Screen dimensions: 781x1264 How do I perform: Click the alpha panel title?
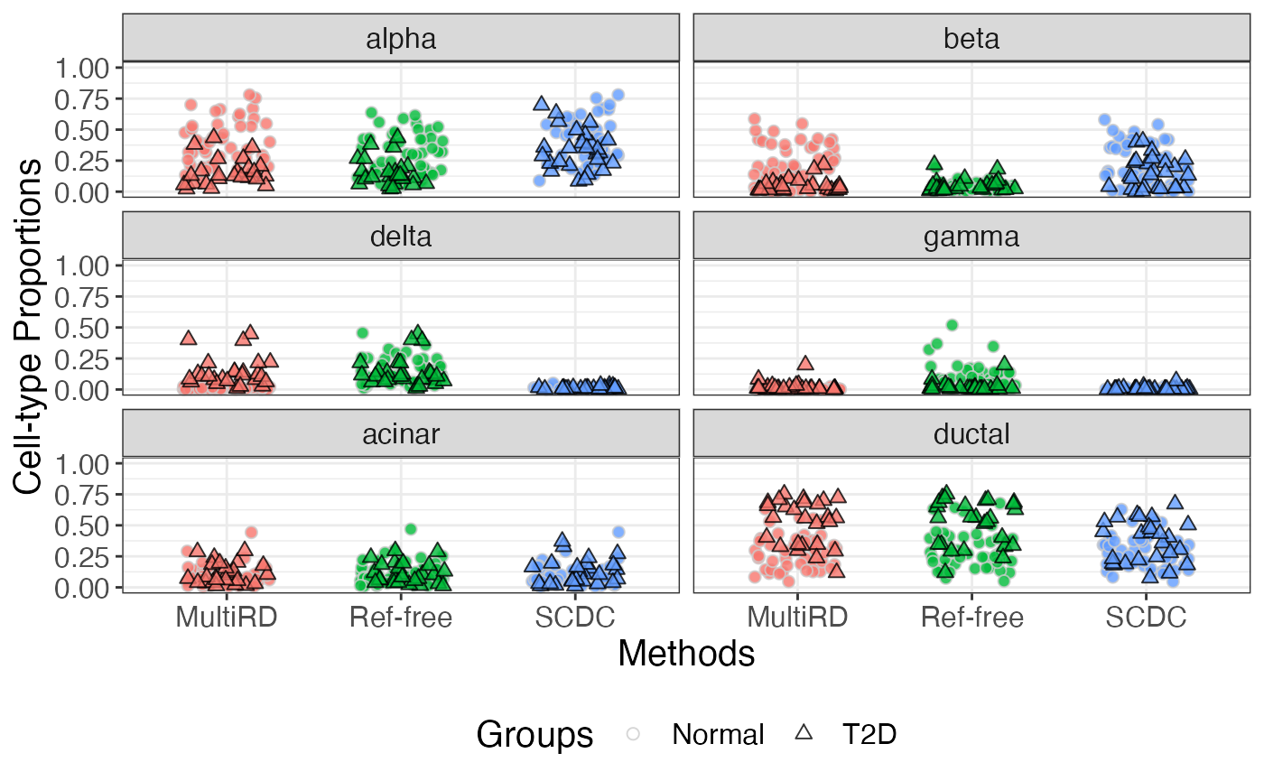coord(401,39)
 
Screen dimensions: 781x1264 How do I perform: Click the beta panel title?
coord(971,39)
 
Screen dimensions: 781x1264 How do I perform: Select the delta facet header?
coord(401,237)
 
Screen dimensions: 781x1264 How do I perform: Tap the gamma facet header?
coord(971,237)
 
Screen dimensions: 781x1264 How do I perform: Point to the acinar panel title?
coord(401,434)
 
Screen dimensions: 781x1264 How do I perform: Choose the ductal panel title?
coord(971,434)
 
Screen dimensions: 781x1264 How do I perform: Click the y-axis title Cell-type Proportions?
coord(29,327)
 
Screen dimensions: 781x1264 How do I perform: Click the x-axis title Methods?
coord(686,653)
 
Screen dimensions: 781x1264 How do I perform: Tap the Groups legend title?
coord(534,735)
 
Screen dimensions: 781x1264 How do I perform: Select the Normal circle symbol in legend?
coord(634,735)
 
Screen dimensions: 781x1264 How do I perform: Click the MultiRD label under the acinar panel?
coord(227,618)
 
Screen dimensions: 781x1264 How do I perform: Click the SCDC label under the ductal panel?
coord(1146,618)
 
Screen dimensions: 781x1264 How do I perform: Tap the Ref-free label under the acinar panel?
coord(400,618)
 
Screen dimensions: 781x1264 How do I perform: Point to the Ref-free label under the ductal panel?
coord(971,618)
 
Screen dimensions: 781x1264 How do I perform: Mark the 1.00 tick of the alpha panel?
coord(82,68)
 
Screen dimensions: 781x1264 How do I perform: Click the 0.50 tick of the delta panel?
coord(82,328)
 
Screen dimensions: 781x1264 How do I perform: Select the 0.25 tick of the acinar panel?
coord(82,557)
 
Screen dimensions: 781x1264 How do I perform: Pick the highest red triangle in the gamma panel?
coord(805,363)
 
